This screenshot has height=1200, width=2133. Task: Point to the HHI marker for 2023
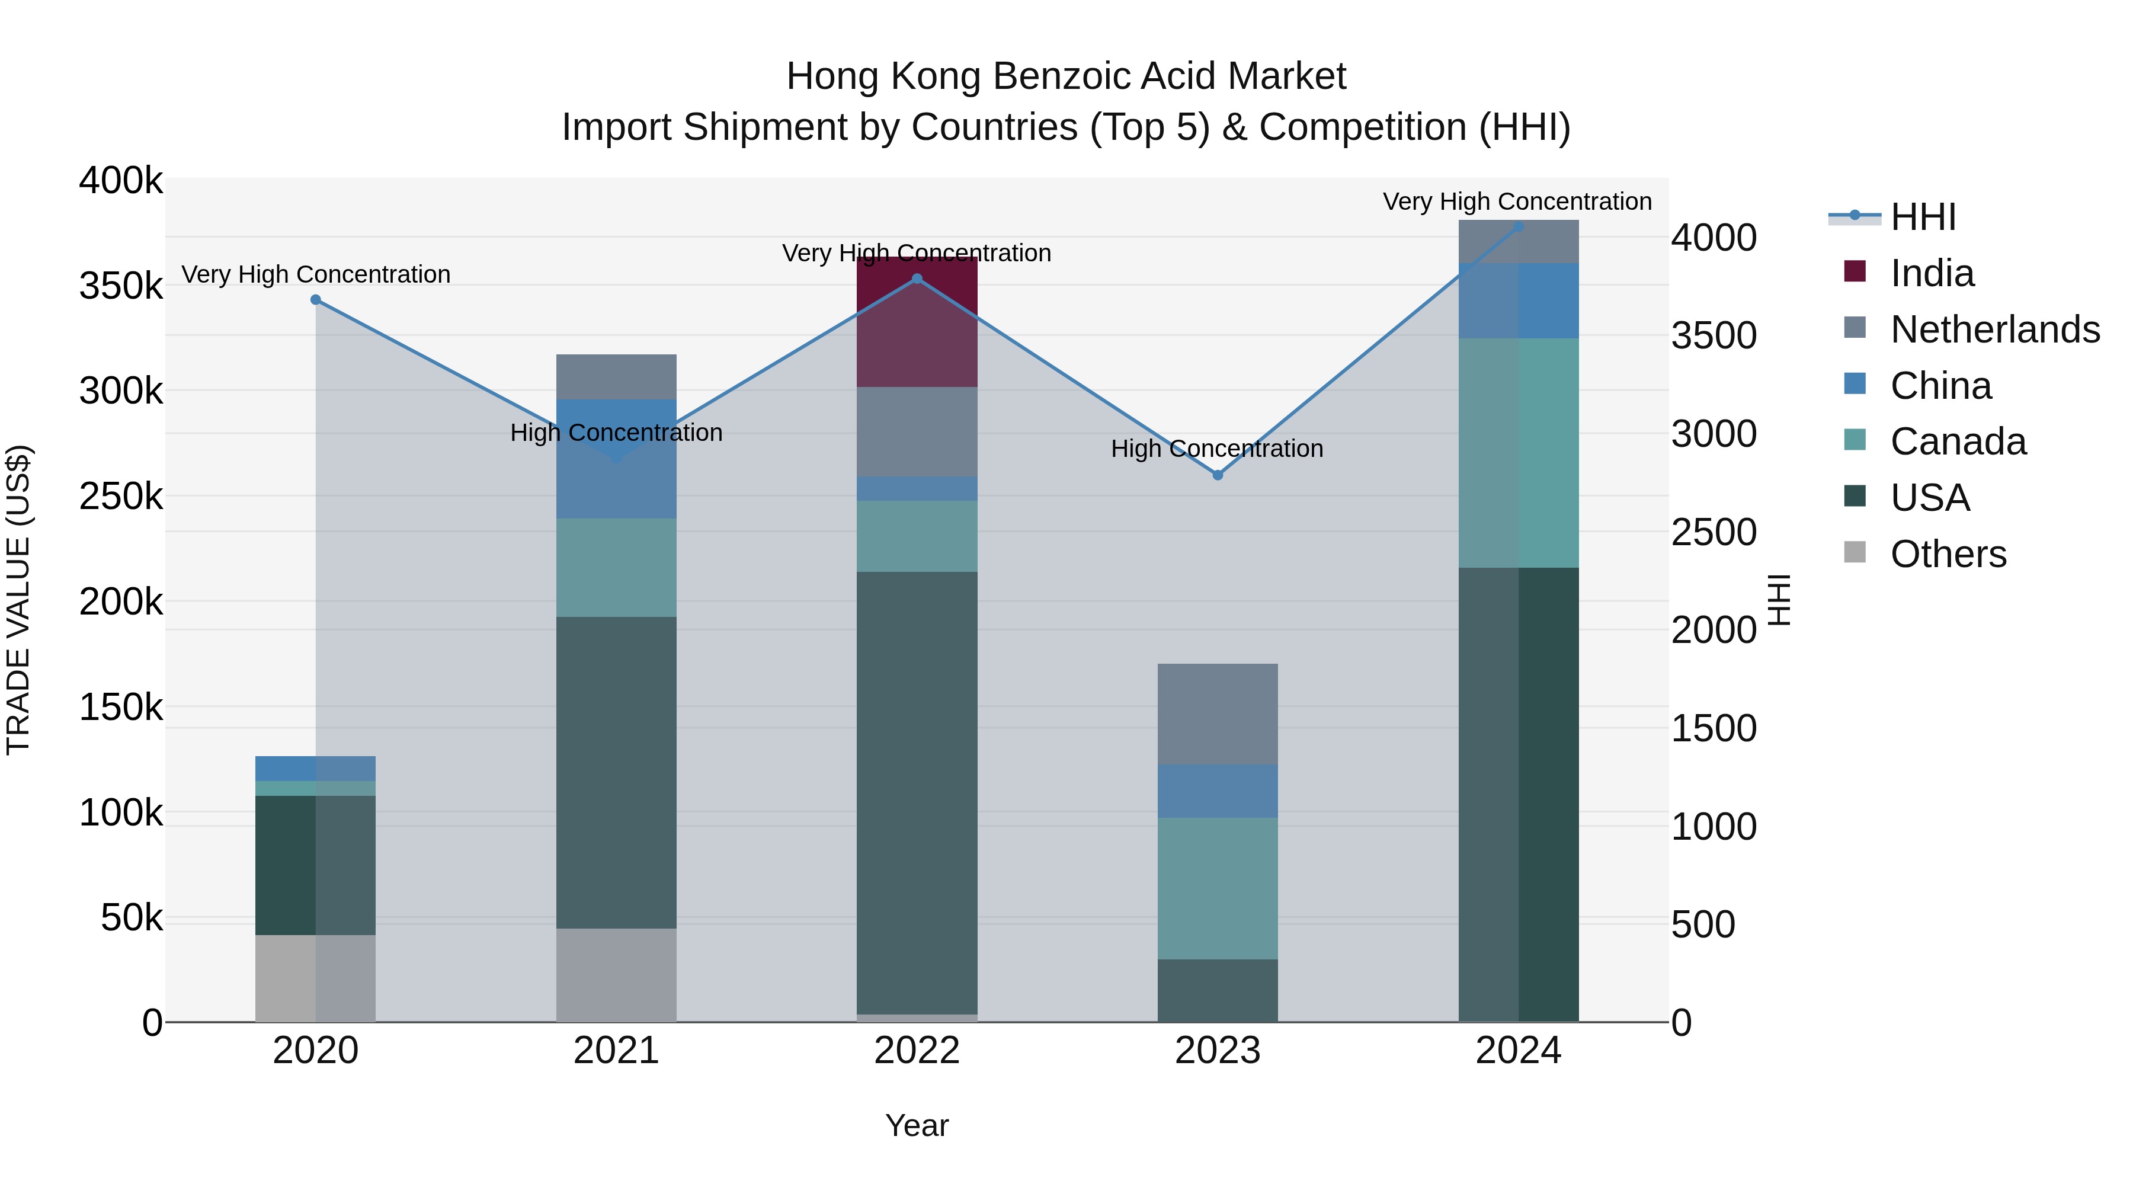pos(1217,475)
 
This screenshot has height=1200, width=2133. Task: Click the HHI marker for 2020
pos(315,300)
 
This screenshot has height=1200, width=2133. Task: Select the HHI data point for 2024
pos(1518,226)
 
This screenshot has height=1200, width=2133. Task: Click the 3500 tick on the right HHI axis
pos(1713,335)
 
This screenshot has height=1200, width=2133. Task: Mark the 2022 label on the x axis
pos(917,1051)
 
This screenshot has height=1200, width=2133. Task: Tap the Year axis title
pos(917,1125)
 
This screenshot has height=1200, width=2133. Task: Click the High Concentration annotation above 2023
pos(1217,449)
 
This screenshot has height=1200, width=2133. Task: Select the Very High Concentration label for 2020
pos(315,274)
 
